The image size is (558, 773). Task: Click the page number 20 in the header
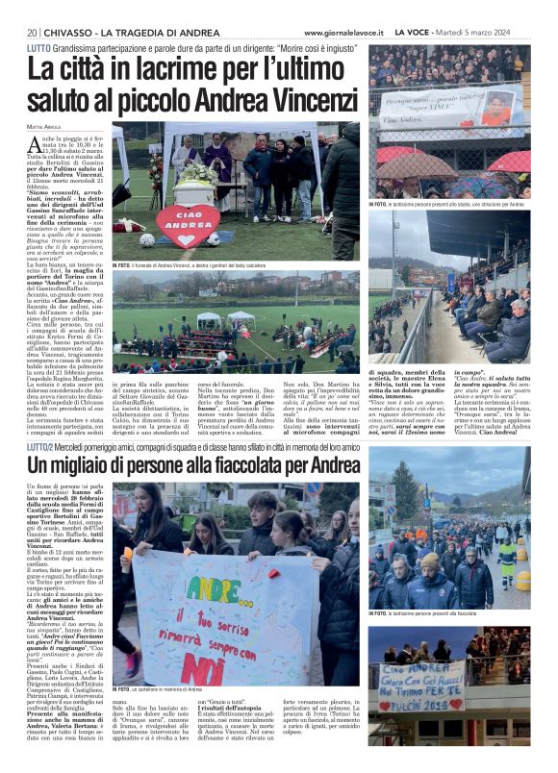[32, 33]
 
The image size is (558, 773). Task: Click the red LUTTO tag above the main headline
[39, 47]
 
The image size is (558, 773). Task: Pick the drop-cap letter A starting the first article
[36, 140]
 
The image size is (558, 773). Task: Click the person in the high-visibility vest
[506, 559]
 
